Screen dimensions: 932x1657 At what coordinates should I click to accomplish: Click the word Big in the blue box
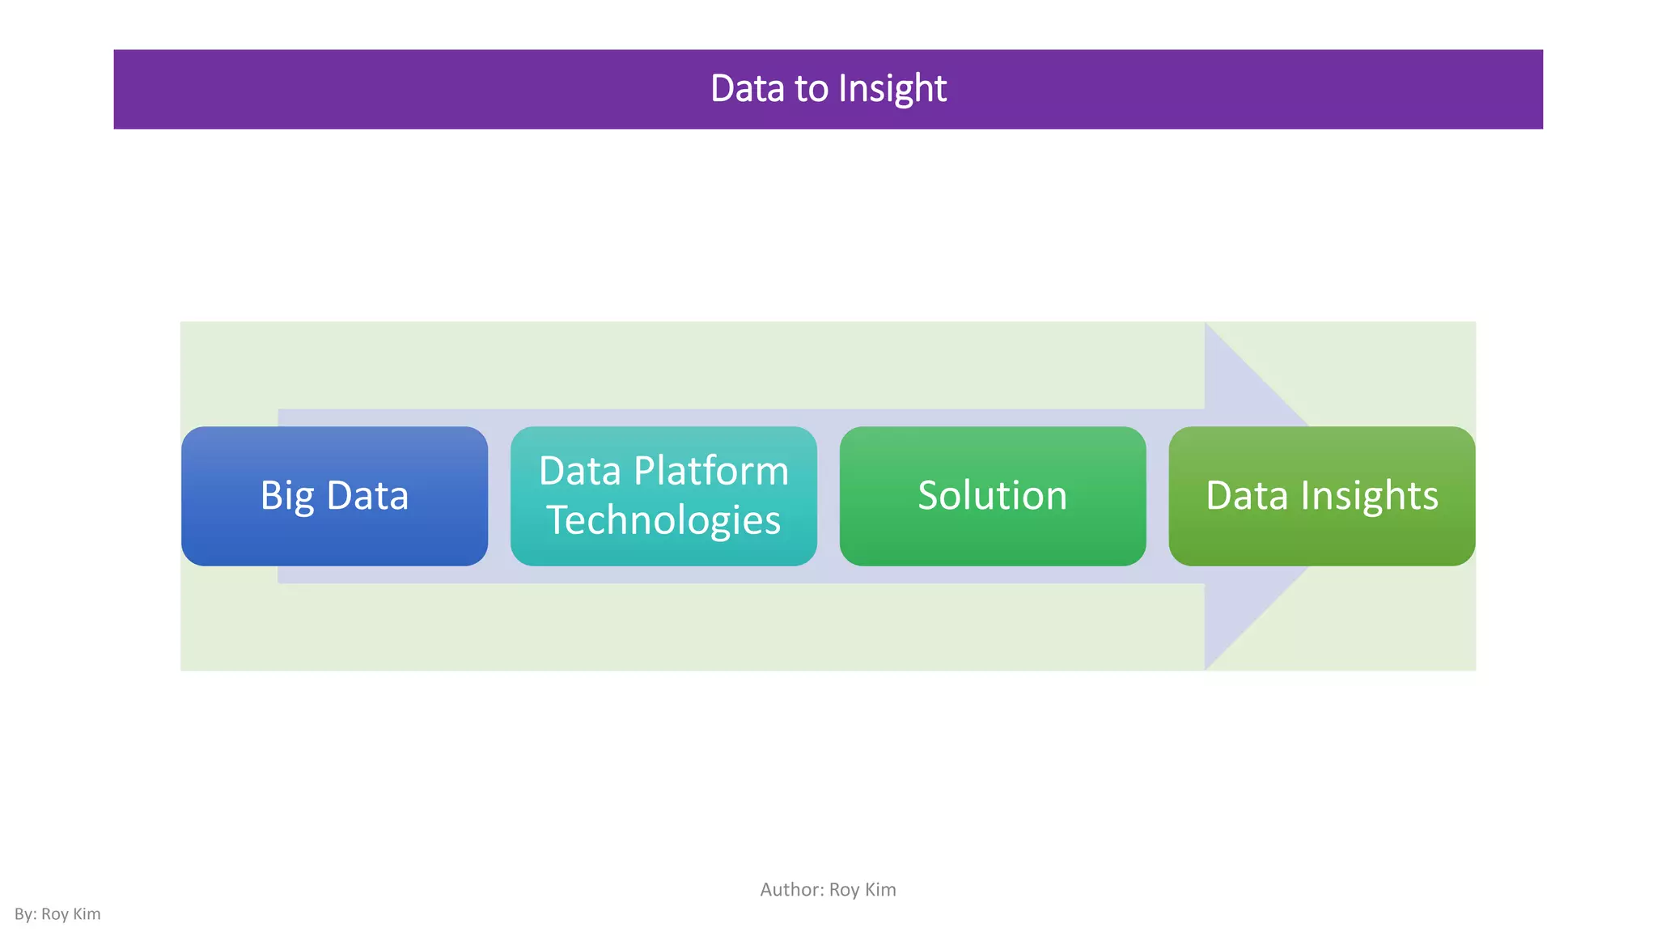[x=286, y=496]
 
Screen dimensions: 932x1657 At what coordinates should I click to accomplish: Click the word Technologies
[x=663, y=520]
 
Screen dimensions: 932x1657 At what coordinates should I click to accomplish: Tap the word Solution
[x=992, y=495]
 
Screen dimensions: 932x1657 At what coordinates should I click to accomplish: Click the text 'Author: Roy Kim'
[x=828, y=890]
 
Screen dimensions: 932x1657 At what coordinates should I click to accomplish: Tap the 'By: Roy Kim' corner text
[x=57, y=914]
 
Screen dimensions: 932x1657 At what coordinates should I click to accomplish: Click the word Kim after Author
[x=880, y=890]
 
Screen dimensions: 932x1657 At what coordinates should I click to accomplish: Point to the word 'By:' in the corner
[x=26, y=914]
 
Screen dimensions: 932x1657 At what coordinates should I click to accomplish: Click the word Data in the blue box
[x=367, y=495]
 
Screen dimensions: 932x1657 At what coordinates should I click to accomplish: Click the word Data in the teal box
[x=579, y=471]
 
